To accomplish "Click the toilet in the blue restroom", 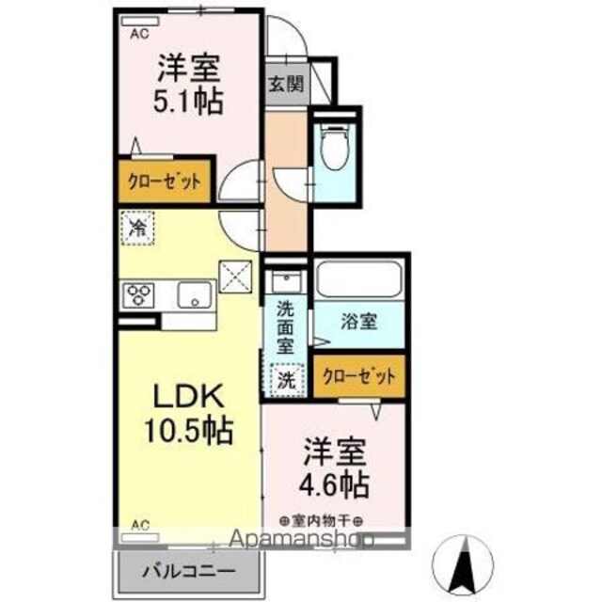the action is coord(335,147).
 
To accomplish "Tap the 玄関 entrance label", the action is coord(286,84).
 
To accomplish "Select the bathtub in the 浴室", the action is coord(359,279).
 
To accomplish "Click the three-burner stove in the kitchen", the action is coord(138,294).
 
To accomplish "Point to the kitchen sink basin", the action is coord(195,294).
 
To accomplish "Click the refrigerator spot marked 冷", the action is coord(137,228).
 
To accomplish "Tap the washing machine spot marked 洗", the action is coord(286,380).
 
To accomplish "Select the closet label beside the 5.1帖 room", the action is coord(165,181).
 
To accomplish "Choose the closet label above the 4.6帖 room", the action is coord(359,376).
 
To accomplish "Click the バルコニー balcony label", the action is coord(188,572).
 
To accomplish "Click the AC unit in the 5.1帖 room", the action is coord(140,22).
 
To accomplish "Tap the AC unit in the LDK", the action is coord(140,537).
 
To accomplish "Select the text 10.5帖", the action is coord(188,430).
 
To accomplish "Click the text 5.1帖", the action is coord(188,101).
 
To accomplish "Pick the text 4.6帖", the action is coord(334,485).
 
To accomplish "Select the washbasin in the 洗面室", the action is coord(286,281).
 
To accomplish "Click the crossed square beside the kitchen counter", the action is coord(236,277).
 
